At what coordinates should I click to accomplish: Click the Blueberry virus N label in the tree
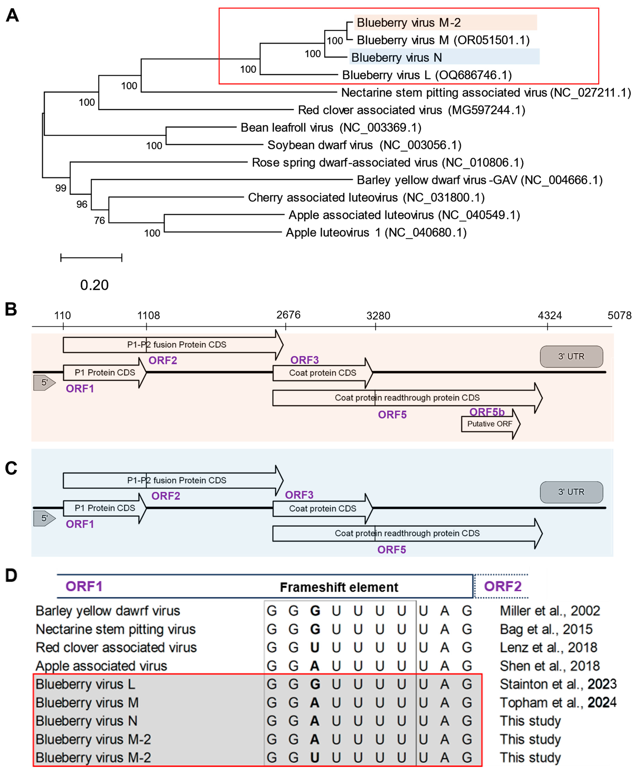point(396,58)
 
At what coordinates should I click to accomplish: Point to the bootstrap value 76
point(99,220)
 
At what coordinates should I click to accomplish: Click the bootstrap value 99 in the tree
point(61,188)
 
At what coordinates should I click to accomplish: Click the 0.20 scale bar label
point(94,285)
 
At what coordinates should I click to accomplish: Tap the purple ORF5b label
point(487,412)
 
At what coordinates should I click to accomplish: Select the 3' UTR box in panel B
point(571,356)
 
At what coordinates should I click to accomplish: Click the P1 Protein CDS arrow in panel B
point(104,373)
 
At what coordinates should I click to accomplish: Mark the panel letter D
point(11,575)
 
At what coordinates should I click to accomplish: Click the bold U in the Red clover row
point(315,648)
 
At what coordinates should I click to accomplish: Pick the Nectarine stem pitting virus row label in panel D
point(116,629)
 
